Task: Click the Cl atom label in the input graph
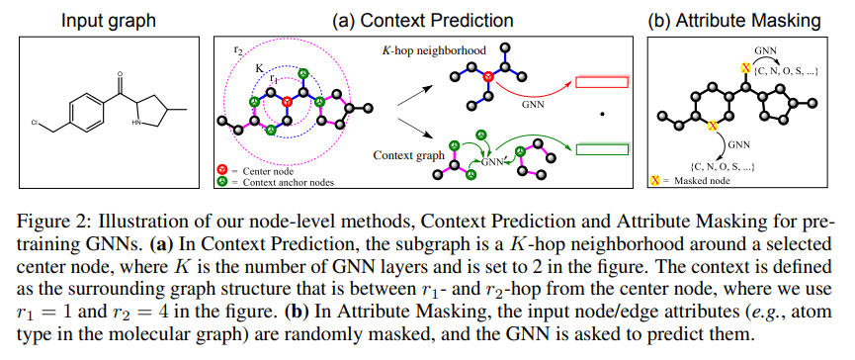(x=35, y=124)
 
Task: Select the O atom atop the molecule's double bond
(x=121, y=73)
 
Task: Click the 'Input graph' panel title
(x=109, y=21)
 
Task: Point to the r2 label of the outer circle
(x=238, y=48)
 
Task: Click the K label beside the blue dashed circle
(x=260, y=69)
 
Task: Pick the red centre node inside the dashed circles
(x=287, y=102)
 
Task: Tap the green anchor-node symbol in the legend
(x=222, y=182)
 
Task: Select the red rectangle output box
(x=602, y=82)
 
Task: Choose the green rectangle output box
(x=602, y=148)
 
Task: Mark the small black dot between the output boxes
(x=602, y=114)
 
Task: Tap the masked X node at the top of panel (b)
(x=745, y=67)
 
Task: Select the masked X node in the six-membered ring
(x=712, y=126)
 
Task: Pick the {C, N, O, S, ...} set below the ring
(x=723, y=165)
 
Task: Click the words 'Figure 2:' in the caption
(x=47, y=224)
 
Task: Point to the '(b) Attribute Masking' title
(x=734, y=21)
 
